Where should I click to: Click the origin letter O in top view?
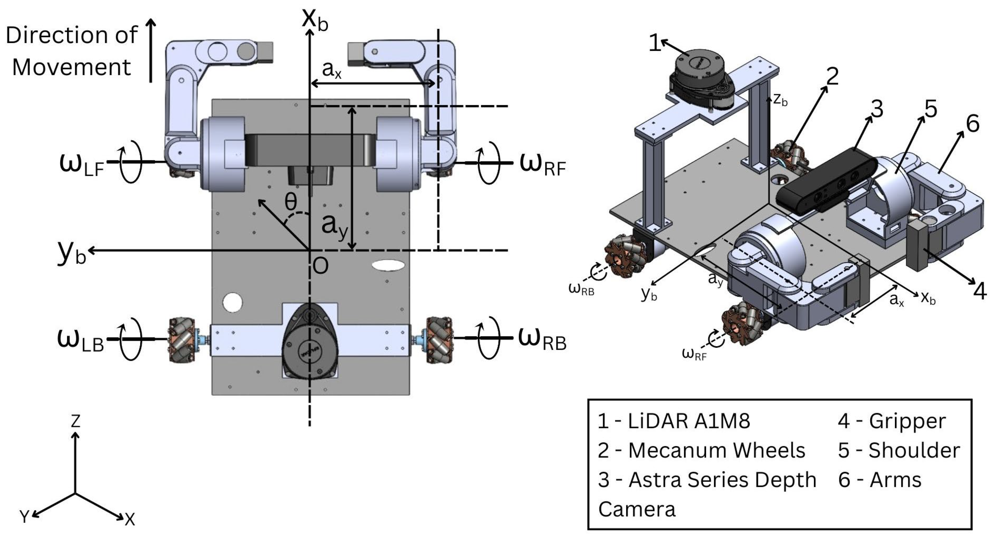320,266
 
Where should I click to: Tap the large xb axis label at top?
315,19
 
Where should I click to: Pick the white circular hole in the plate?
232,302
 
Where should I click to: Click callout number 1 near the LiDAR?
655,43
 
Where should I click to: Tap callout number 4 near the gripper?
980,291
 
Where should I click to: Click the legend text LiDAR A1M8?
689,421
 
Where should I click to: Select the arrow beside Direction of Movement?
151,50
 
